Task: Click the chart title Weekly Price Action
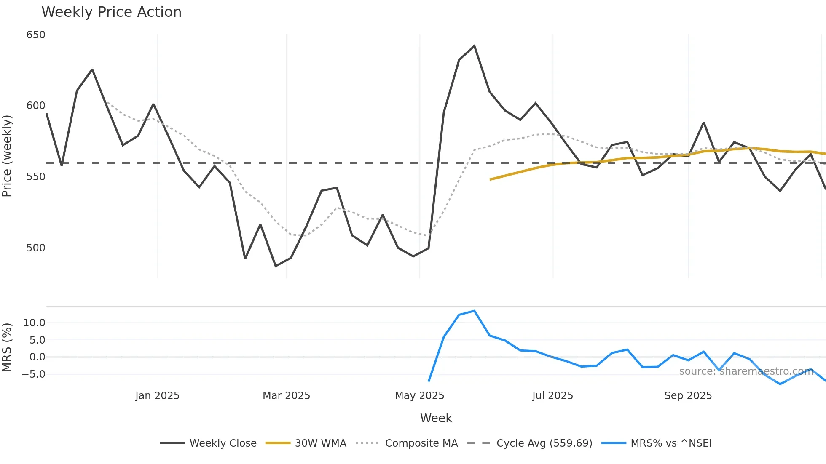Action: pyautogui.click(x=111, y=12)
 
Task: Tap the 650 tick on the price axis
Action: pyautogui.click(x=36, y=35)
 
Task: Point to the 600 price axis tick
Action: pyautogui.click(x=36, y=106)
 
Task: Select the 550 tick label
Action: pyautogui.click(x=36, y=177)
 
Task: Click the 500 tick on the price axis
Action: pyautogui.click(x=36, y=248)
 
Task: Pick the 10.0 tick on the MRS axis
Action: pyautogui.click(x=34, y=323)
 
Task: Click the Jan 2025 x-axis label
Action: pyautogui.click(x=157, y=396)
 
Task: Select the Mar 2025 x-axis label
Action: pyautogui.click(x=286, y=396)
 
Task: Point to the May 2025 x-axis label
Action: pyautogui.click(x=419, y=396)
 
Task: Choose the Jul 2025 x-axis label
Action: pyautogui.click(x=552, y=396)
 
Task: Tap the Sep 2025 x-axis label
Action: pyautogui.click(x=688, y=396)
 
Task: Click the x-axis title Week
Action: pyautogui.click(x=436, y=418)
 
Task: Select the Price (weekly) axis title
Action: pyautogui.click(x=7, y=156)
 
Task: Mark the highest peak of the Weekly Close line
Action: pyautogui.click(x=475, y=45)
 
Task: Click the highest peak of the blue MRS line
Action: pyautogui.click(x=475, y=311)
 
